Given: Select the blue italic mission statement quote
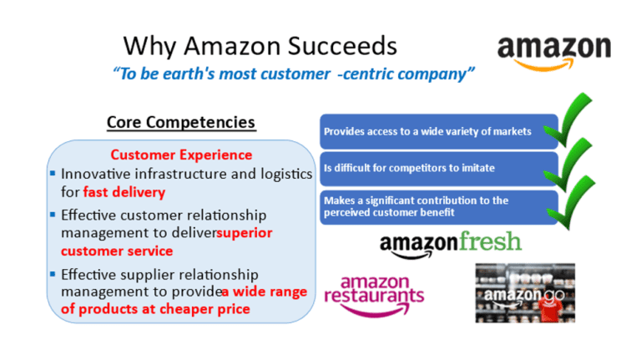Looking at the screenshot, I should point(294,74).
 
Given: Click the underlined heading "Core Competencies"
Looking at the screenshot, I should point(181,123).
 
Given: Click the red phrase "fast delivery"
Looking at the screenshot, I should point(124,192).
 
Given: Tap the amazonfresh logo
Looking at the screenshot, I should point(450,242).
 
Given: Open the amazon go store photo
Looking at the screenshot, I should point(525,293).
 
